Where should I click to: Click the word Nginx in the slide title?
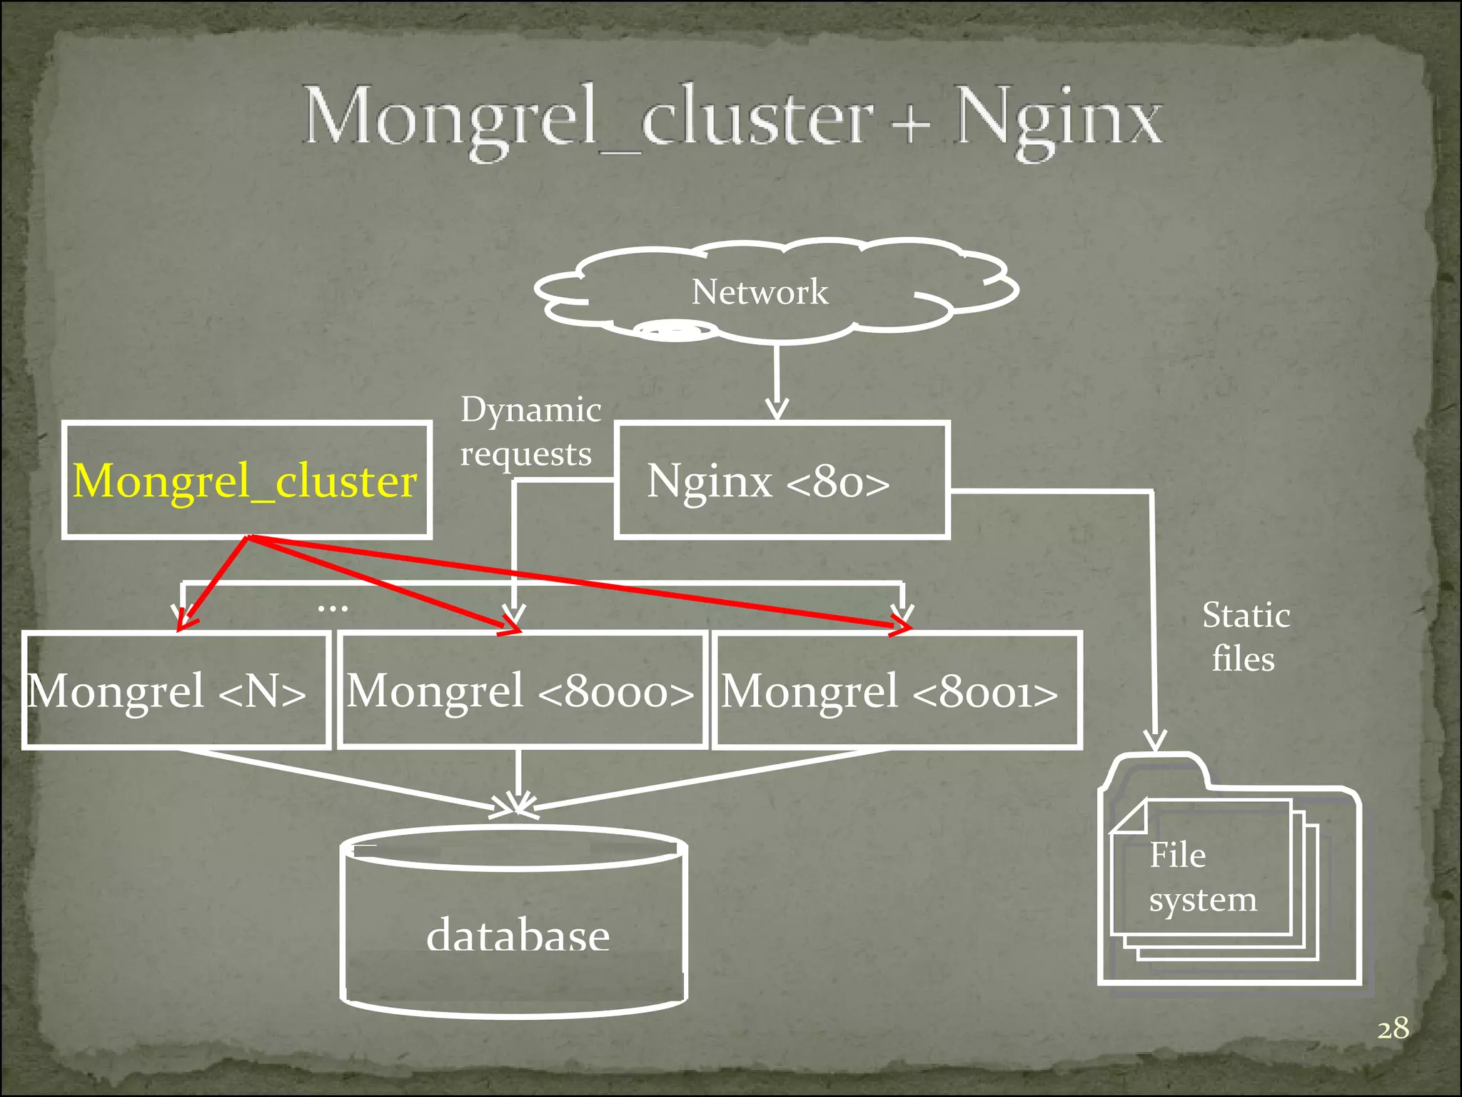[1059, 118]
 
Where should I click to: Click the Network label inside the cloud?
[760, 292]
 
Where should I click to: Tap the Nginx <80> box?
[782, 480]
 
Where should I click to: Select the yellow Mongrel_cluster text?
[245, 481]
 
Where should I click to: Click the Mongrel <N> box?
[175, 691]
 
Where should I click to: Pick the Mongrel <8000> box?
[521, 691]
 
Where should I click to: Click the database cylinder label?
[518, 935]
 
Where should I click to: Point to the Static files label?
[1245, 636]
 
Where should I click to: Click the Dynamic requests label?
[530, 431]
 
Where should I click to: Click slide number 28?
[1392, 1029]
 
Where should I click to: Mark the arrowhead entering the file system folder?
[1155, 741]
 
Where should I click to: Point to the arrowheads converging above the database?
[518, 805]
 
